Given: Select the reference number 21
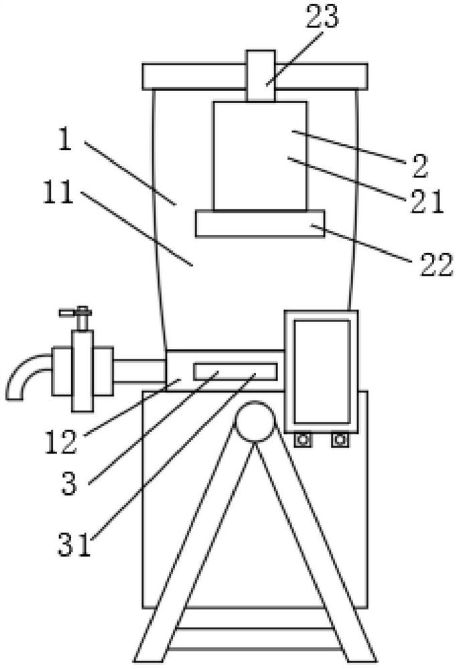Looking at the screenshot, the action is [427, 201].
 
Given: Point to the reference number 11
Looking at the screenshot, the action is [58, 193].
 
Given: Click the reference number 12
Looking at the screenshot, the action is [61, 442].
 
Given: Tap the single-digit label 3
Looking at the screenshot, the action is [69, 484].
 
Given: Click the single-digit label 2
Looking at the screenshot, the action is [420, 166].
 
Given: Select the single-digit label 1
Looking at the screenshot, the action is [65, 139].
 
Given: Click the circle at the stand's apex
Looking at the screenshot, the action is [255, 421].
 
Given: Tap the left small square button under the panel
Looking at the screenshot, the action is [303, 440].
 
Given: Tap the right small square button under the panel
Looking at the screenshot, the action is [340, 440].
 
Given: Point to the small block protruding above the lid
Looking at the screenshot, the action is [261, 76].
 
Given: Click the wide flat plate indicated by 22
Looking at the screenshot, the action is [260, 223].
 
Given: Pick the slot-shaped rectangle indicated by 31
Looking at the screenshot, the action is [235, 371].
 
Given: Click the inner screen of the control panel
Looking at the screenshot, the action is [322, 371].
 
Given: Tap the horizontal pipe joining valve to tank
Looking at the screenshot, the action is [140, 371].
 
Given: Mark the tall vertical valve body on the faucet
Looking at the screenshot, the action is [83, 371].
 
